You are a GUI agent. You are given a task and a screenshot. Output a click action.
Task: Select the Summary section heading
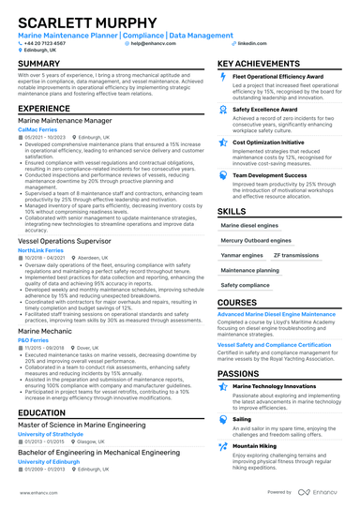(x=39, y=64)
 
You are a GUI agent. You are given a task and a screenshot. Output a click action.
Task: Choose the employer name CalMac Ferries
(x=38, y=130)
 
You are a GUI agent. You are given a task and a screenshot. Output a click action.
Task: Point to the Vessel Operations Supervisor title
(x=71, y=242)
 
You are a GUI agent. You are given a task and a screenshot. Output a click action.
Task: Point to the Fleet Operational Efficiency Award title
(x=280, y=77)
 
